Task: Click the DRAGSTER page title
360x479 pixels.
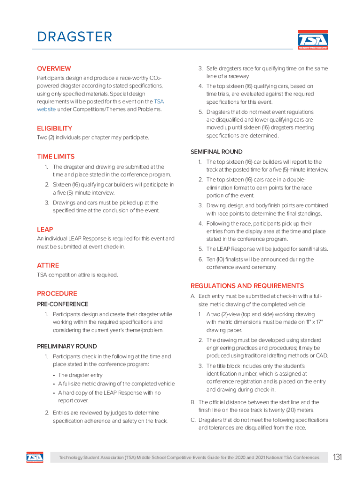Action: click(75, 37)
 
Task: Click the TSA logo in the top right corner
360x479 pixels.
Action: click(313, 40)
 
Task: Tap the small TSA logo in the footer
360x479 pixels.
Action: click(35, 457)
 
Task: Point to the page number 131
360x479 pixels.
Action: click(338, 457)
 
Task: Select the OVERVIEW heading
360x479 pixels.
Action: click(54, 68)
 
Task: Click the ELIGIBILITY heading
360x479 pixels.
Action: click(55, 128)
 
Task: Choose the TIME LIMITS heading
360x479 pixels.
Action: click(56, 157)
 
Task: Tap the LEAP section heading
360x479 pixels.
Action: click(45, 230)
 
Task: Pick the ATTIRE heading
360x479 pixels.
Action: click(48, 265)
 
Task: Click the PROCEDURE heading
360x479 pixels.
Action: click(57, 294)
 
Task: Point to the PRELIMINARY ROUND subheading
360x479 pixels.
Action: click(67, 346)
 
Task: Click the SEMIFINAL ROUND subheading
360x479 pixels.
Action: click(216, 152)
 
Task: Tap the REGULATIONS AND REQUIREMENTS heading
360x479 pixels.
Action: click(247, 286)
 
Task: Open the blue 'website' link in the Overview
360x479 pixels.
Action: click(47, 109)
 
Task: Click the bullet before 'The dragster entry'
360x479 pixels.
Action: click(54, 375)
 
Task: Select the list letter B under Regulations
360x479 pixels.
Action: click(192, 402)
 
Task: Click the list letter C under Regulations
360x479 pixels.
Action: click(192, 420)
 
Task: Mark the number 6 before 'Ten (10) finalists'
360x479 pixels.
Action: click(200, 259)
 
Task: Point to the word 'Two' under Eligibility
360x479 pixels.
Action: click(42, 138)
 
